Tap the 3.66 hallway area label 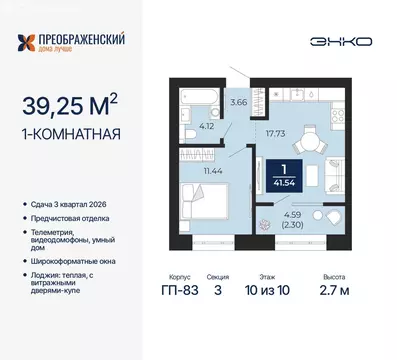coord(238,101)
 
